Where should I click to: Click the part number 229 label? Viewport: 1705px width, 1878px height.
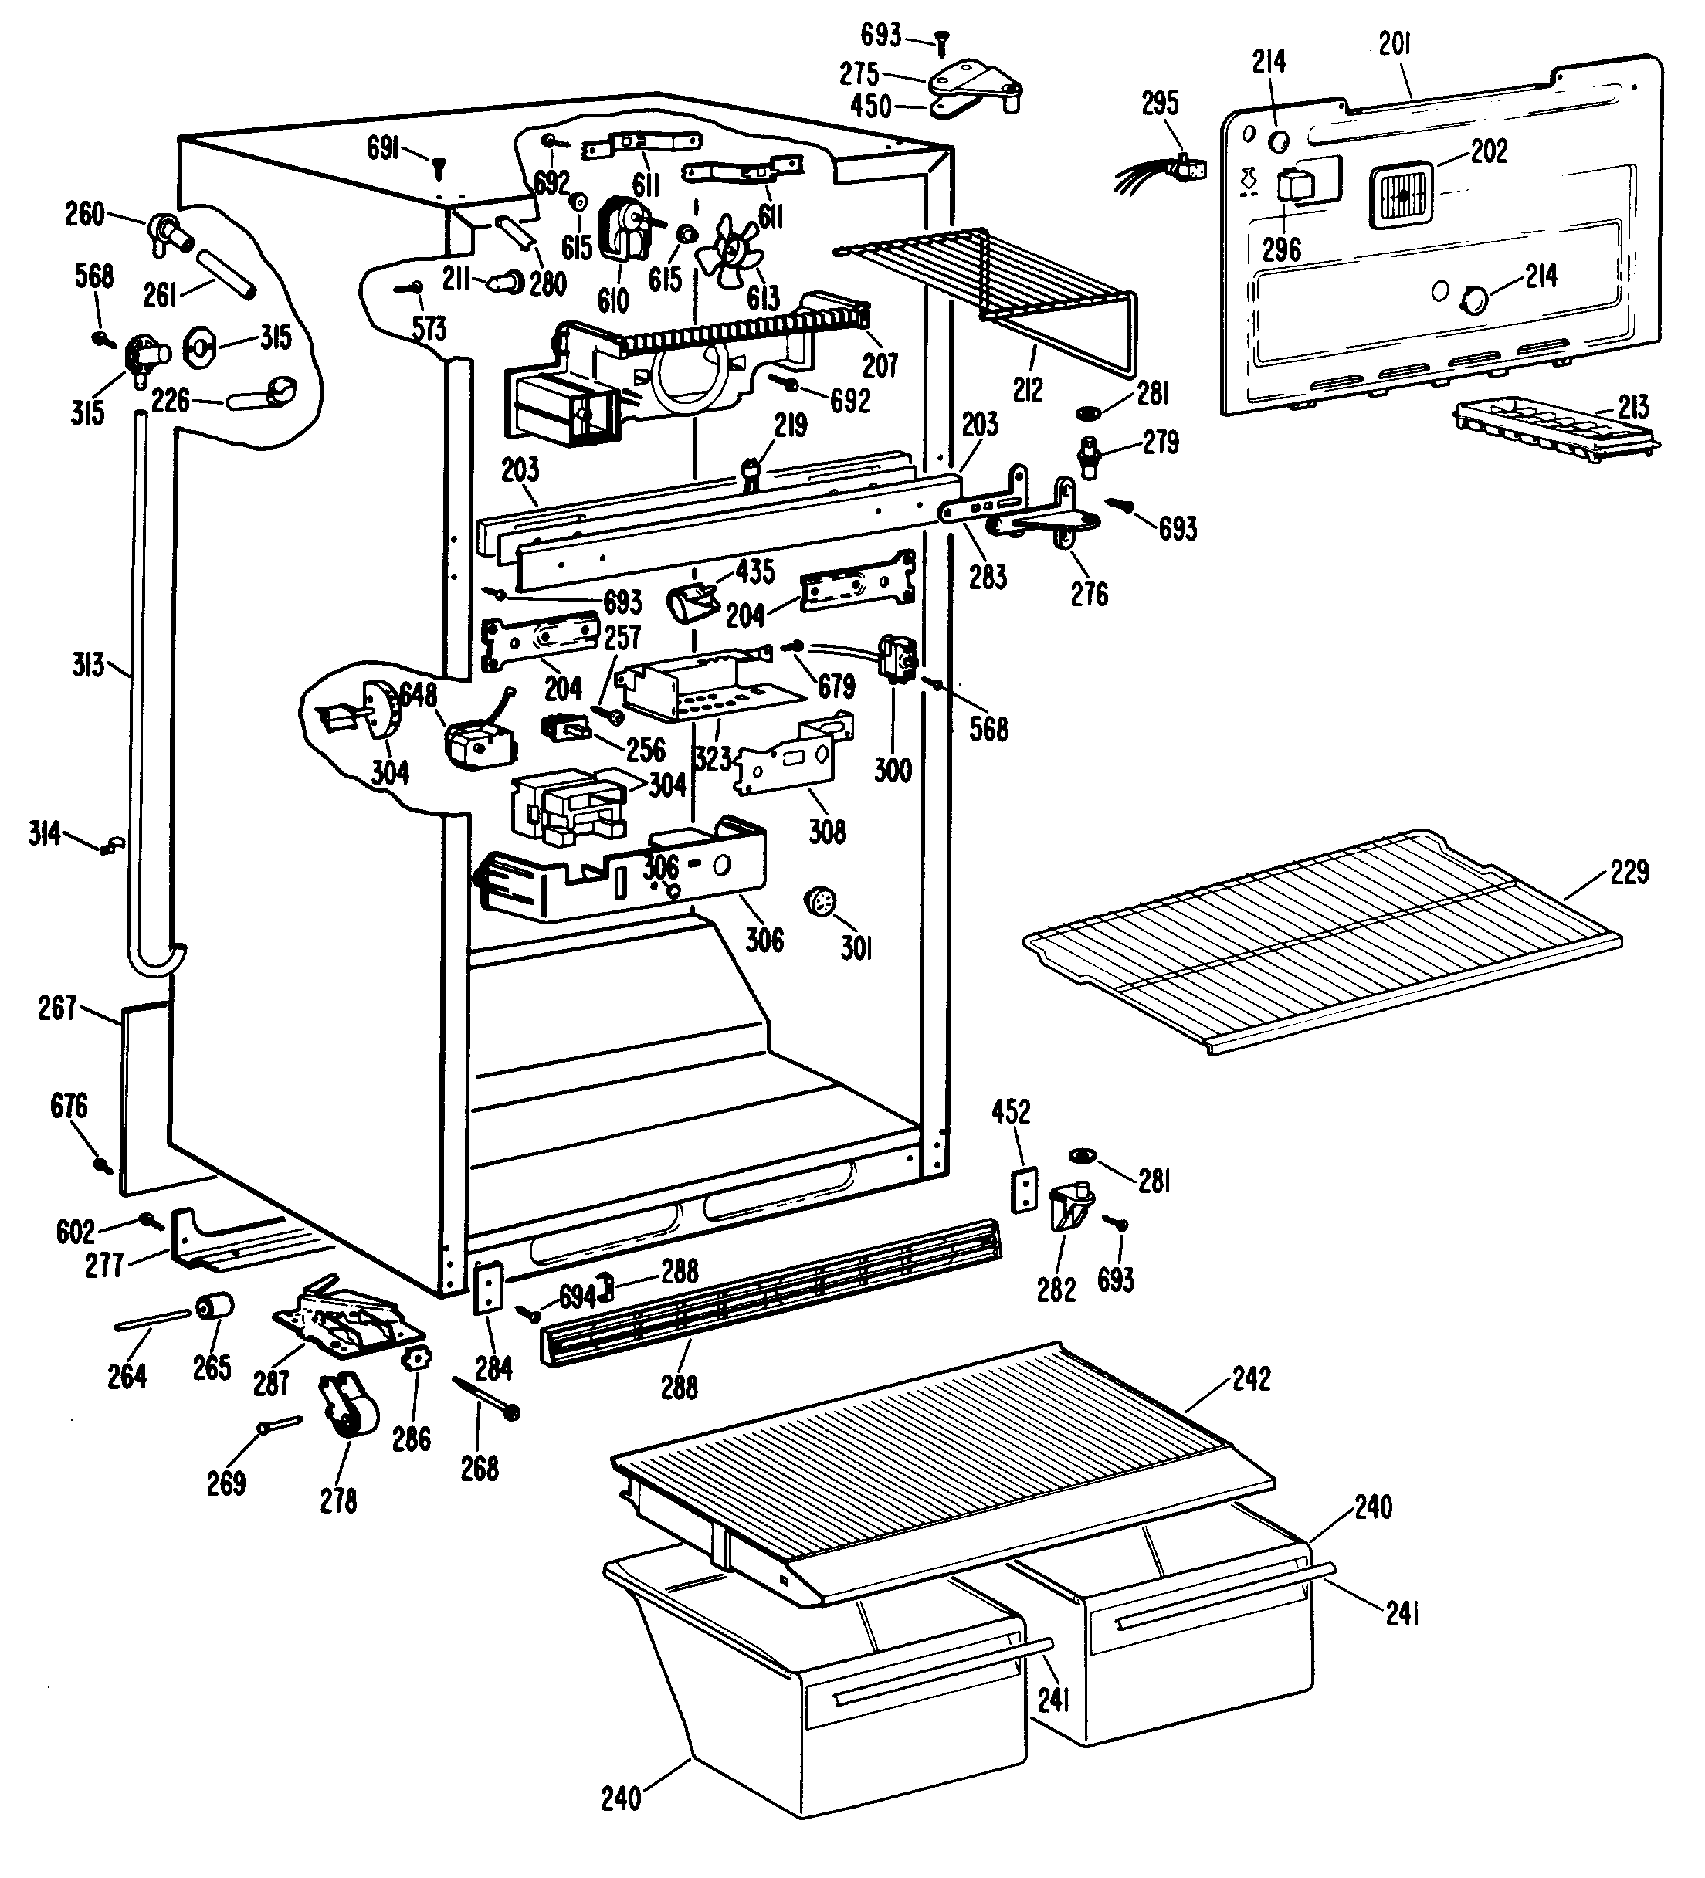click(x=1629, y=872)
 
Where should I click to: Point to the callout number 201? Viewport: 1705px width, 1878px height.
click(x=1395, y=44)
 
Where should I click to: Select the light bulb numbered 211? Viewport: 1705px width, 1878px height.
click(x=508, y=276)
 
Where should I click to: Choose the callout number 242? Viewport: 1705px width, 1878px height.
click(x=1250, y=1378)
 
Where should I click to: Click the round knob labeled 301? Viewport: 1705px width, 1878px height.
click(x=819, y=903)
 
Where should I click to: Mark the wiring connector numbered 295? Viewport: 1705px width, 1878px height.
click(x=1186, y=168)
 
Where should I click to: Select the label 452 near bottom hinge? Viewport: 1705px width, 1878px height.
click(x=1011, y=1111)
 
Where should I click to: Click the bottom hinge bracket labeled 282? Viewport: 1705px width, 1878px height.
click(x=1069, y=1206)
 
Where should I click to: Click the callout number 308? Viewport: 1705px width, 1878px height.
click(x=826, y=831)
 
